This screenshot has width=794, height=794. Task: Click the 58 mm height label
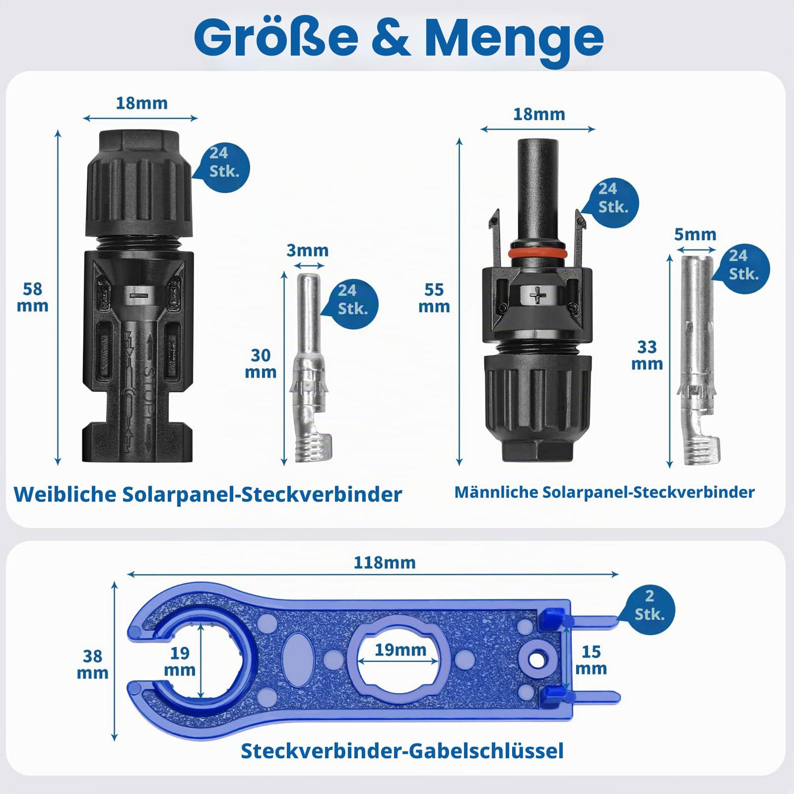tap(32, 297)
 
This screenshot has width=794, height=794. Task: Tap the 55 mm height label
tap(434, 298)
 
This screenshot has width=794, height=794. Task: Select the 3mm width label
tap(307, 250)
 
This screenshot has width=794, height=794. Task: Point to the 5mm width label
tap(695, 234)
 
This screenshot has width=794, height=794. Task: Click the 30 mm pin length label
tap(260, 364)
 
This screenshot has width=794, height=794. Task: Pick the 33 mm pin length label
tap(647, 355)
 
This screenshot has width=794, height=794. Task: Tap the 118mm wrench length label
tap(385, 563)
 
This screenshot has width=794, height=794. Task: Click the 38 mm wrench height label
tap(92, 664)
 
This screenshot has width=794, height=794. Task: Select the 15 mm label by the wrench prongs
tap(591, 660)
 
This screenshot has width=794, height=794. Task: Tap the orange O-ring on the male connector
tap(537, 252)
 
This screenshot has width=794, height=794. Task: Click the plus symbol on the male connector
tap(538, 295)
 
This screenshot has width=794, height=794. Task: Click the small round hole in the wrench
tap(535, 661)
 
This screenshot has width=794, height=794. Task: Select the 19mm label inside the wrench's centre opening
tap(400, 650)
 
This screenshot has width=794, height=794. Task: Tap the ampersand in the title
tap(390, 37)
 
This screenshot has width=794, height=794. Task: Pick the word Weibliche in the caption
tap(65, 494)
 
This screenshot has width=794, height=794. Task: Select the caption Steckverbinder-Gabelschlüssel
tap(402, 750)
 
